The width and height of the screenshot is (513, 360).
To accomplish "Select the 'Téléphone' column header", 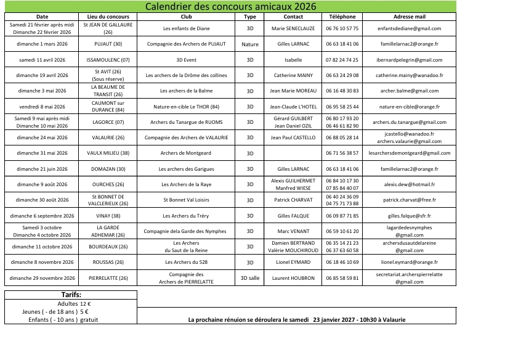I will [x=343, y=17].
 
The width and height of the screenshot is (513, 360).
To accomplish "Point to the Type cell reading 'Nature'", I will [x=250, y=44].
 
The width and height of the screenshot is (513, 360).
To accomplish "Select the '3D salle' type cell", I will [x=250, y=278].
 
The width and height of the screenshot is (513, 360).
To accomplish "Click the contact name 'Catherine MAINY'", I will [x=293, y=75].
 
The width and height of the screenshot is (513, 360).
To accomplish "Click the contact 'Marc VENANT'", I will [x=293, y=231].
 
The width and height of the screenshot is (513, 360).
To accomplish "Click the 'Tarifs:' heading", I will [x=71, y=295].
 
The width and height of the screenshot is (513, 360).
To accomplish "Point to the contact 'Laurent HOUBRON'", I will [x=293, y=278].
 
